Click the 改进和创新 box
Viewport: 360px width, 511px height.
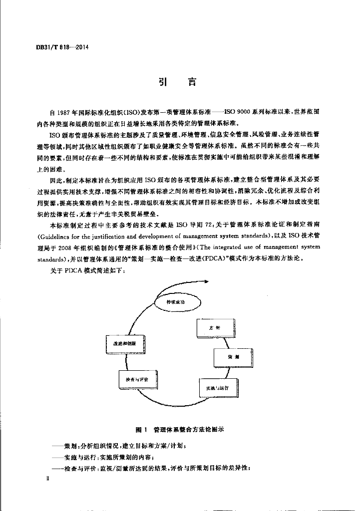(125, 344)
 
